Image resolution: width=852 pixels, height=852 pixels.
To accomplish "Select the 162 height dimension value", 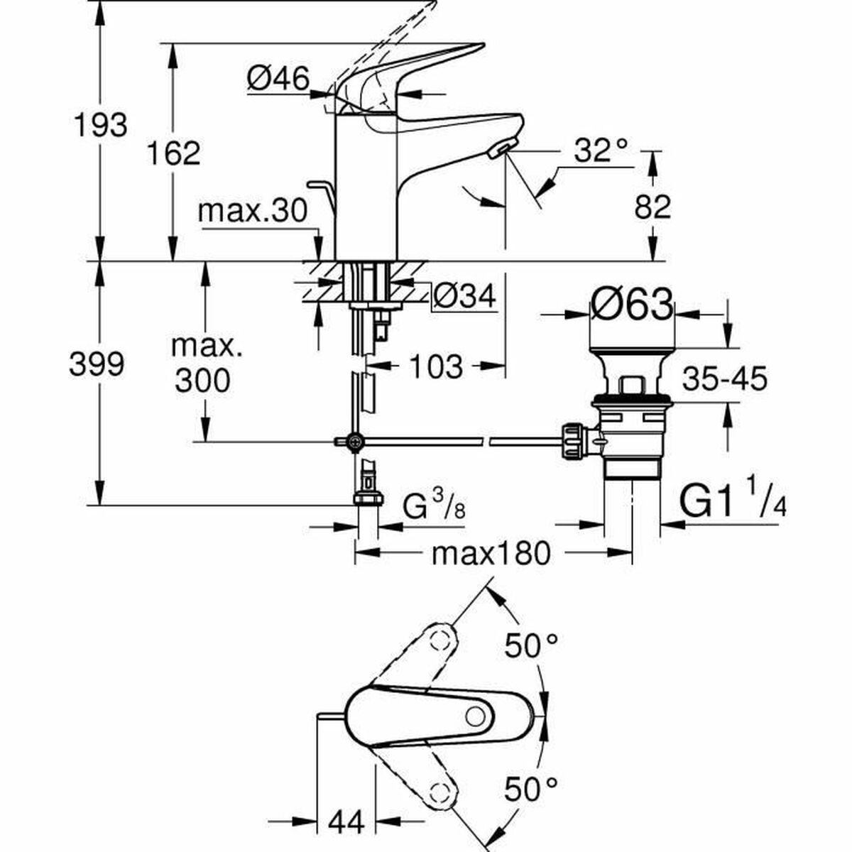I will click(x=175, y=153).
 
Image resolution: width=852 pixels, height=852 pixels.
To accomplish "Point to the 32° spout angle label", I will click(x=601, y=151).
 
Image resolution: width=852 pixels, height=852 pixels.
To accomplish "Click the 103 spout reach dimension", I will click(x=436, y=367).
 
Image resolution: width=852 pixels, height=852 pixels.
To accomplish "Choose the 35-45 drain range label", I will click(x=725, y=379).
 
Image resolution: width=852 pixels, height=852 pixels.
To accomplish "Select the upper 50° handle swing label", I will click(x=532, y=645).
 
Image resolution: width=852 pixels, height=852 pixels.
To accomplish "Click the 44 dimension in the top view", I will click(x=346, y=823).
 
